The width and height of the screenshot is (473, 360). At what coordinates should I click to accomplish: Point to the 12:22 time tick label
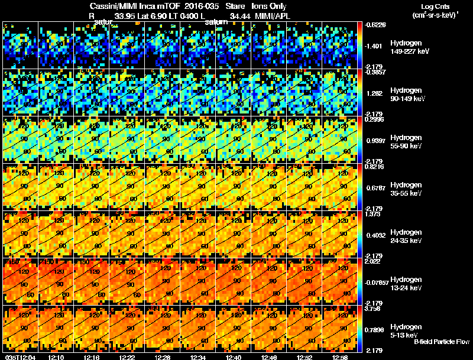[127, 356]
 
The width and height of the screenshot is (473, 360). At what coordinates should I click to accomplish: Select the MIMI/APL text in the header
[274, 16]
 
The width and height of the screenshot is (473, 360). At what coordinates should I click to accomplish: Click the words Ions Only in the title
[270, 6]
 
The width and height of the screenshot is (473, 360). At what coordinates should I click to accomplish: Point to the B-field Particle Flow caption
[441, 342]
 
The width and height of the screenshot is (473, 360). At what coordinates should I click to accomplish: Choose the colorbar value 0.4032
[377, 235]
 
